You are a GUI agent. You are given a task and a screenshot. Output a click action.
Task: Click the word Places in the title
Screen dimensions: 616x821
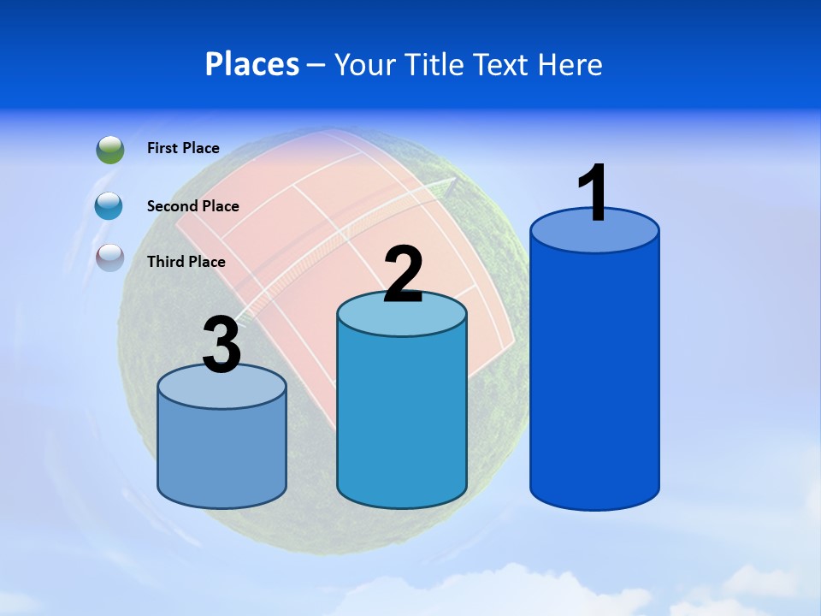[252, 64]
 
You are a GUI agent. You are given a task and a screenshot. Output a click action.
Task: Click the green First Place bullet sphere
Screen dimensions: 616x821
[110, 150]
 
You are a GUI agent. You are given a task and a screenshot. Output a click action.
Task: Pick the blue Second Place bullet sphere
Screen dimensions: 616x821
[110, 205]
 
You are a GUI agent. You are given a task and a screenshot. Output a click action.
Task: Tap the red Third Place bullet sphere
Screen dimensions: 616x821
[110, 258]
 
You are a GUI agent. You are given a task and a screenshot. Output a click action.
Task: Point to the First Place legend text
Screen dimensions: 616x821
[183, 148]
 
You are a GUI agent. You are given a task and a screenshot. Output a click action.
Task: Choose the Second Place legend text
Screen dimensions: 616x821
[192, 205]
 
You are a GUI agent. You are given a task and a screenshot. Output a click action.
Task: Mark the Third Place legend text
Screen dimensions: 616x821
[186, 262]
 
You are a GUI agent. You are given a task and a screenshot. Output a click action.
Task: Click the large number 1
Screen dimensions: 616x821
[593, 193]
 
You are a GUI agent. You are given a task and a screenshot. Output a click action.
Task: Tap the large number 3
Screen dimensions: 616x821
[221, 345]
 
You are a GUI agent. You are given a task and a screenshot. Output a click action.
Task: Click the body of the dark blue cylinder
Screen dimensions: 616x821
[594, 376]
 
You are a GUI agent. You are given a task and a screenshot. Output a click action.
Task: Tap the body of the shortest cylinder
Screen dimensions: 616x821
[221, 453]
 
